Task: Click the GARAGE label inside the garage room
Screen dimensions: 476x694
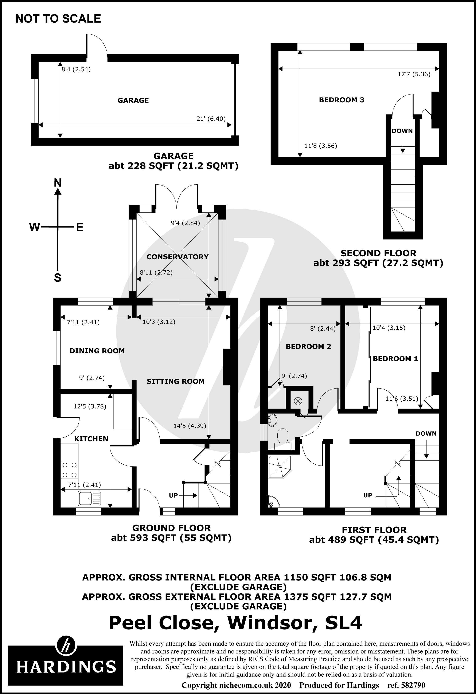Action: tap(133, 100)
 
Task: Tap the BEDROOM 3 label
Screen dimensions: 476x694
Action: tap(342, 100)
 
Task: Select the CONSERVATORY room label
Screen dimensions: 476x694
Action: tap(177, 257)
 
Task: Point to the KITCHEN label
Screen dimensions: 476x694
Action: tap(91, 439)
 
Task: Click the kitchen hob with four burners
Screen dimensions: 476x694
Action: tap(70, 470)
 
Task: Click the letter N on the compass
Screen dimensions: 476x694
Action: tap(58, 183)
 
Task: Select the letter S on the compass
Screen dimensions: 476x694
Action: tap(58, 278)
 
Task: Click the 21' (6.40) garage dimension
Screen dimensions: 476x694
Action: tap(211, 119)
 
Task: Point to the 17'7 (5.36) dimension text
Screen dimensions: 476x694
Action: tap(414, 74)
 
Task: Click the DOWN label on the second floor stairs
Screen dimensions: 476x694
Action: tap(402, 131)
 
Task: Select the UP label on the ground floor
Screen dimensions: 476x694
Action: tap(173, 495)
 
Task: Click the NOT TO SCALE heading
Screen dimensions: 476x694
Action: tap(58, 19)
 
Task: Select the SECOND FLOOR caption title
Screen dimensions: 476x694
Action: tap(378, 253)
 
